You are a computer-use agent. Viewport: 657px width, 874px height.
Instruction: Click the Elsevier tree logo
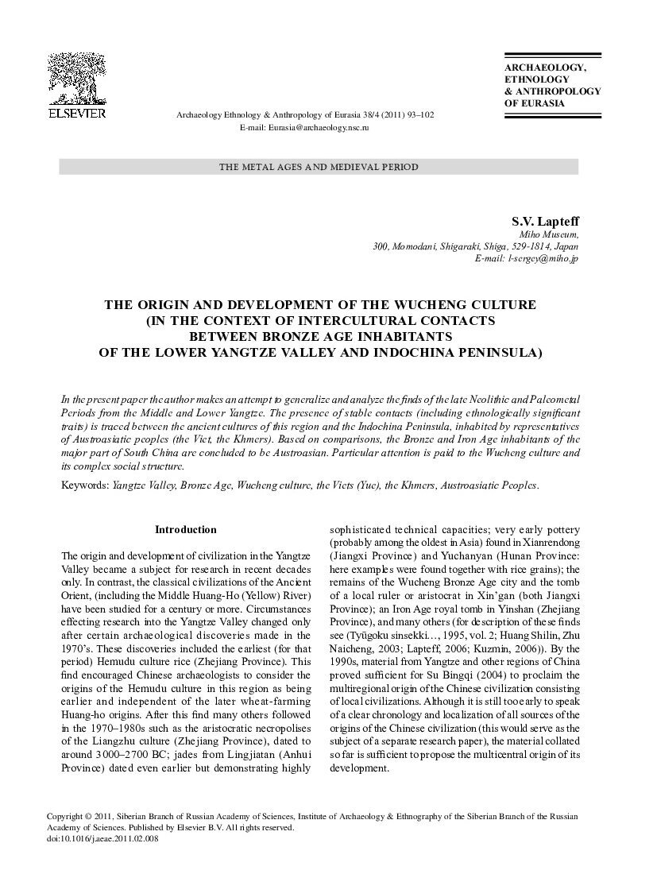click(77, 79)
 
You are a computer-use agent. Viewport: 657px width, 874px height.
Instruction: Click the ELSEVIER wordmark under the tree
click(77, 114)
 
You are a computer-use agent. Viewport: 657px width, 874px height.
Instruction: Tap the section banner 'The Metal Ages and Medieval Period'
click(318, 167)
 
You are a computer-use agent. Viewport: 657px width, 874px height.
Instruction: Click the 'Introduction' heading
click(185, 529)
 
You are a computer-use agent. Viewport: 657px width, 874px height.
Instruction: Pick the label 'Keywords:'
click(85, 483)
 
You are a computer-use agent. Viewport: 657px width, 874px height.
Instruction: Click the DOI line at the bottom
click(103, 839)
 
